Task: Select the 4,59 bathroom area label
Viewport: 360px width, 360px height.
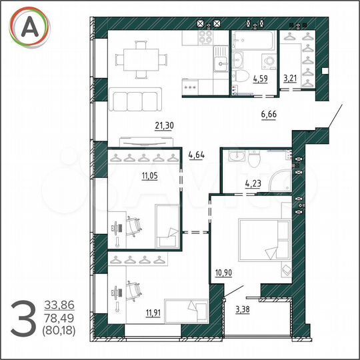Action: (x=261, y=79)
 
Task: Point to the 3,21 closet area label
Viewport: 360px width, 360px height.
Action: (x=290, y=79)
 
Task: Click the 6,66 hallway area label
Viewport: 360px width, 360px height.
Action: (x=269, y=115)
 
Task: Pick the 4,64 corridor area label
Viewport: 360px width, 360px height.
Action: (x=198, y=156)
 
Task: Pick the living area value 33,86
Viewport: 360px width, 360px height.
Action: (x=57, y=305)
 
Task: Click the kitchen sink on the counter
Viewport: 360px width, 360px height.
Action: (x=219, y=64)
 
